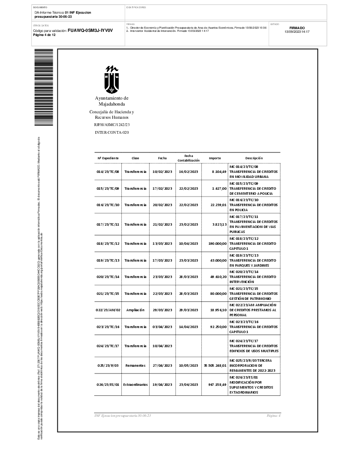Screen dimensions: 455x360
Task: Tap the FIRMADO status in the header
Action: click(297, 28)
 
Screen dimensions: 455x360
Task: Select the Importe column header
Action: click(215, 158)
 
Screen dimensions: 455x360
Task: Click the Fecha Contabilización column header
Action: click(189, 158)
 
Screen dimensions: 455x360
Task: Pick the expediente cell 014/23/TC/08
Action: click(108, 172)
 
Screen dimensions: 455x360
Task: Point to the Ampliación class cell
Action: click(135, 309)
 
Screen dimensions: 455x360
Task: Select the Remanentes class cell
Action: click(135, 365)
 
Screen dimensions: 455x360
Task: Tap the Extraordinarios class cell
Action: click(135, 384)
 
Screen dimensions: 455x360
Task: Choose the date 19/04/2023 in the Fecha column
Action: click(162, 384)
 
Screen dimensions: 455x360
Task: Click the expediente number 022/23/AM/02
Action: click(108, 309)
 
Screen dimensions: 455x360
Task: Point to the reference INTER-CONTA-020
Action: click(112, 132)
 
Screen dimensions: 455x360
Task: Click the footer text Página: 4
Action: click(274, 416)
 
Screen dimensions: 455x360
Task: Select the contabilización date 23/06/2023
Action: click(189, 384)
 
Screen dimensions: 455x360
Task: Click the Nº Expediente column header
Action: click(108, 158)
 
